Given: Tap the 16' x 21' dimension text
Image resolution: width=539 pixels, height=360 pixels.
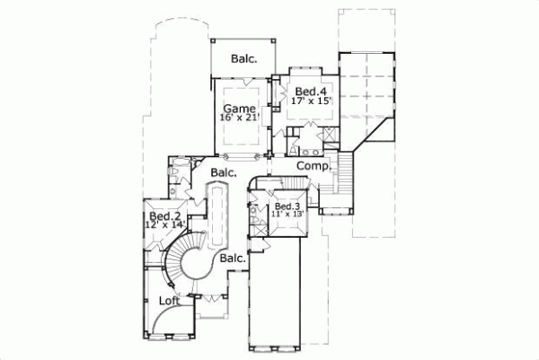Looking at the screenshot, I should pyautogui.click(x=238, y=118).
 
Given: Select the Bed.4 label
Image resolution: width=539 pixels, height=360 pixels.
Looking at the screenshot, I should pyautogui.click(x=307, y=92).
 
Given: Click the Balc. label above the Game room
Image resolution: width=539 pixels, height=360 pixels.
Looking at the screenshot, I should pyautogui.click(x=243, y=59).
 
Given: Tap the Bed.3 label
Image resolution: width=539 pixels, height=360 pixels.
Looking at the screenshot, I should pyautogui.click(x=287, y=206).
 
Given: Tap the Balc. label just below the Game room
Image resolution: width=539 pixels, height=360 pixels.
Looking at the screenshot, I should pyautogui.click(x=224, y=171).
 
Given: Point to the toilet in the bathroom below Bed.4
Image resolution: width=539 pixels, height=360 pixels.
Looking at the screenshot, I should pyautogui.click(x=294, y=151).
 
